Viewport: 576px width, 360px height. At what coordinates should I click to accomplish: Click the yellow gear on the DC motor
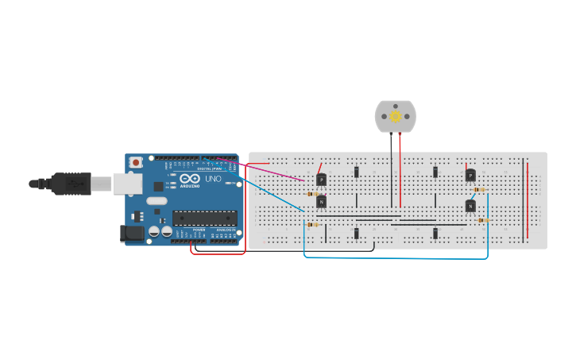396,117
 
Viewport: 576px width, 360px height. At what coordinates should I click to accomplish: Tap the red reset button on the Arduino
136,162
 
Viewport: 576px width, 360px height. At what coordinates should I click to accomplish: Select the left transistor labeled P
321,180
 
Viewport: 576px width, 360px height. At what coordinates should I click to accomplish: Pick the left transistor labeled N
321,202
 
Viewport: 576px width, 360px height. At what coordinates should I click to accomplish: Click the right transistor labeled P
470,176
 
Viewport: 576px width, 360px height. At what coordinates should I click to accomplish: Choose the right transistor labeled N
470,207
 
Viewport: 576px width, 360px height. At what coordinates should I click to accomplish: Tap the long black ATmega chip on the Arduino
204,218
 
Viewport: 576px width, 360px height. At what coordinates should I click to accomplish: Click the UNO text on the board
213,179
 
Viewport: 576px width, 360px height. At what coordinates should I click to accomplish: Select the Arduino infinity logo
189,178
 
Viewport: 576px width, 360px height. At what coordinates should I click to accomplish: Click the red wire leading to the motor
400,167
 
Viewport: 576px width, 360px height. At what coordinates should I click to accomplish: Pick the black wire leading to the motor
391,167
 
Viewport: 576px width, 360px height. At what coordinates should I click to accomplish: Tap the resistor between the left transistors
312,193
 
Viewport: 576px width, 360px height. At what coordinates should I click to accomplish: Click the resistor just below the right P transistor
480,190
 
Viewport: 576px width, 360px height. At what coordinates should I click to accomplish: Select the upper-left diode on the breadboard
357,172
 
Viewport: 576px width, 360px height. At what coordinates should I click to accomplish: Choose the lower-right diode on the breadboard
435,233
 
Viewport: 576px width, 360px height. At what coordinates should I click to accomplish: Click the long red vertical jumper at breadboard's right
525,199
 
